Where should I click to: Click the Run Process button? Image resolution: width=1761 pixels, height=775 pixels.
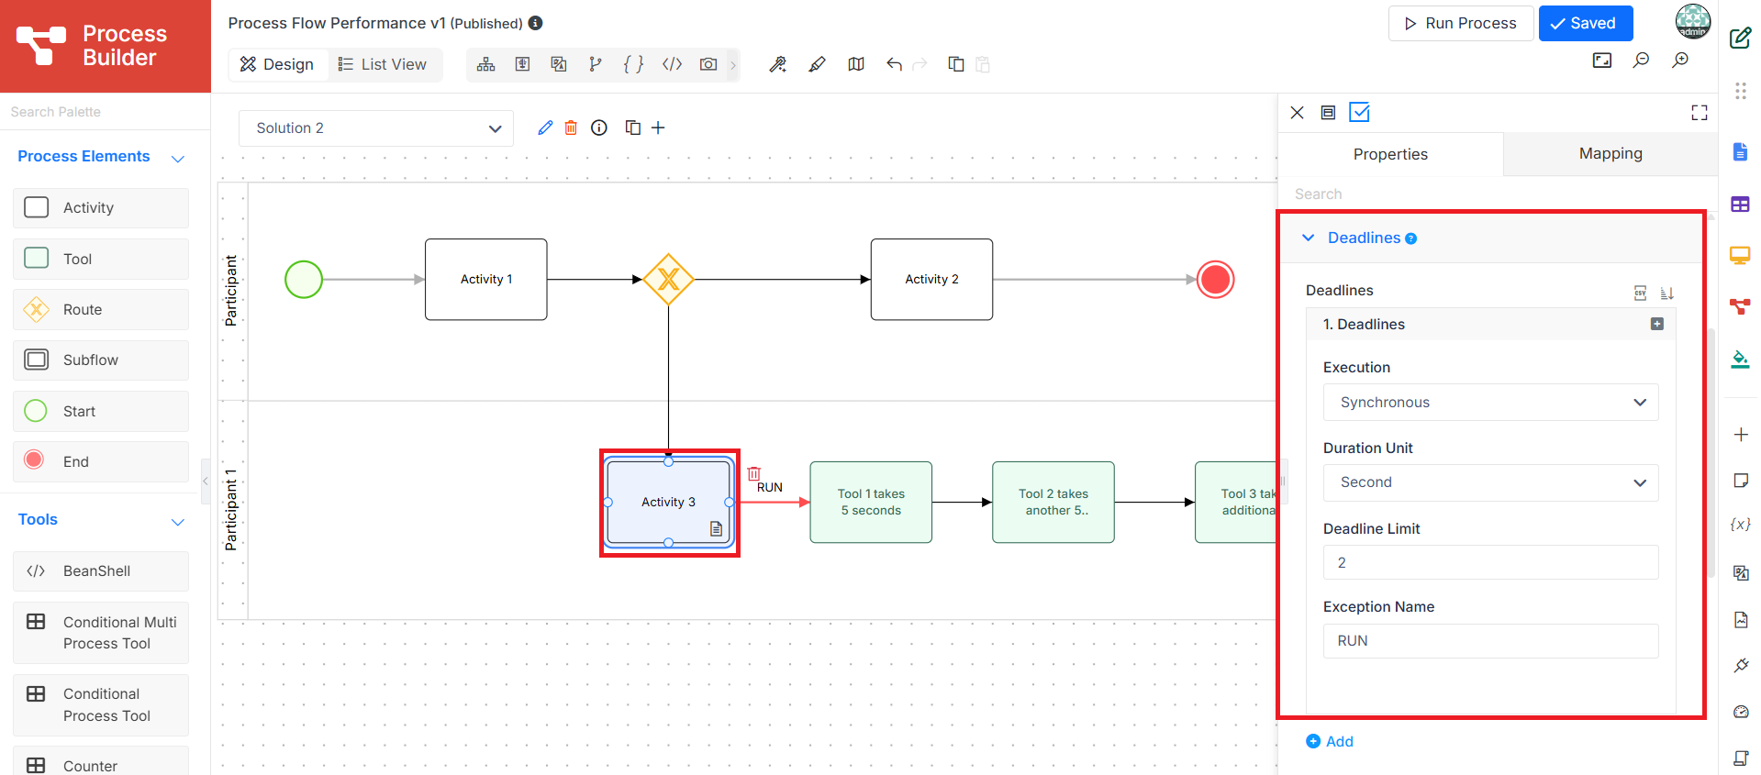[x=1461, y=23]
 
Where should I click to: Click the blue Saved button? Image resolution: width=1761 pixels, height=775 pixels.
[x=1585, y=23]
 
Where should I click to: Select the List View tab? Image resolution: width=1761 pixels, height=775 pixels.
[x=383, y=64]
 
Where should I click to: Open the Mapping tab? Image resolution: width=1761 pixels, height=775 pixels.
[x=1611, y=154]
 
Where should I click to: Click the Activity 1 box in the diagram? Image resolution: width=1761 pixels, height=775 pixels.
[x=486, y=280]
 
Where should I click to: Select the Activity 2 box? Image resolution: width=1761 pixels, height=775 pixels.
[x=931, y=280]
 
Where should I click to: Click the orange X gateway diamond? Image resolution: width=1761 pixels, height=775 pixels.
[x=668, y=280]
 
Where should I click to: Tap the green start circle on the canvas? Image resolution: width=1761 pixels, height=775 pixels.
[x=304, y=280]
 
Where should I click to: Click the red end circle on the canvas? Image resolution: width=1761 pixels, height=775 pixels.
[x=1216, y=280]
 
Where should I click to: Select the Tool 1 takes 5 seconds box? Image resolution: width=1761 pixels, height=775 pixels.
[x=871, y=503]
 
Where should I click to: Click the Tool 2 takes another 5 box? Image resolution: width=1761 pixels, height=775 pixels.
[x=1053, y=503]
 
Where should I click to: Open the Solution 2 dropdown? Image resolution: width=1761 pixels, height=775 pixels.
[x=376, y=128]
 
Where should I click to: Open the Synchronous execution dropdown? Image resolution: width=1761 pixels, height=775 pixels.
[x=1490, y=403]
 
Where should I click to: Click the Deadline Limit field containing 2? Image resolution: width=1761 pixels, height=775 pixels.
[x=1490, y=562]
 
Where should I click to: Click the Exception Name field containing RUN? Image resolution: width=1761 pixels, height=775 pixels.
[x=1490, y=641]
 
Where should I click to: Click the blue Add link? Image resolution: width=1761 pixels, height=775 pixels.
[x=1330, y=741]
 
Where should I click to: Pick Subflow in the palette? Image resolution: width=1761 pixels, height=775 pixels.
[x=101, y=360]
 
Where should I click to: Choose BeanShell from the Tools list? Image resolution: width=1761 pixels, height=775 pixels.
[x=101, y=571]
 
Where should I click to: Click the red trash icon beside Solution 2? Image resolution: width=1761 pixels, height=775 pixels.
[x=571, y=127]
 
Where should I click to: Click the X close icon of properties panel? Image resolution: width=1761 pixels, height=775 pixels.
[x=1297, y=113]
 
